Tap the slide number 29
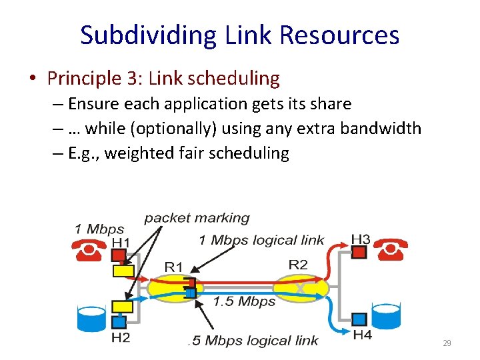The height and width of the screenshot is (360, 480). pyautogui.click(x=447, y=343)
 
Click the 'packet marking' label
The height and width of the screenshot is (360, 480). pyautogui.click(x=197, y=218)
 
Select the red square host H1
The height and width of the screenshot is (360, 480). pyautogui.click(x=117, y=256)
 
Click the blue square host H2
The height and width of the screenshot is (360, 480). pyautogui.click(x=118, y=322)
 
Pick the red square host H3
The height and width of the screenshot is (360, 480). pyautogui.click(x=359, y=252)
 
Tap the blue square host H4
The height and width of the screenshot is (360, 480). pyautogui.click(x=359, y=319)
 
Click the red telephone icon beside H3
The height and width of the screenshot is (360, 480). pyautogui.click(x=390, y=251)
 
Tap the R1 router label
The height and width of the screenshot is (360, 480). pyautogui.click(x=174, y=267)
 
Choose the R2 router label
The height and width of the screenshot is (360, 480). pyautogui.click(x=298, y=265)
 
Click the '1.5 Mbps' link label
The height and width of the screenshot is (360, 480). pyautogui.click(x=244, y=301)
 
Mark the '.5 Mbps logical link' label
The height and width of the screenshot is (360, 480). pyautogui.click(x=253, y=341)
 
